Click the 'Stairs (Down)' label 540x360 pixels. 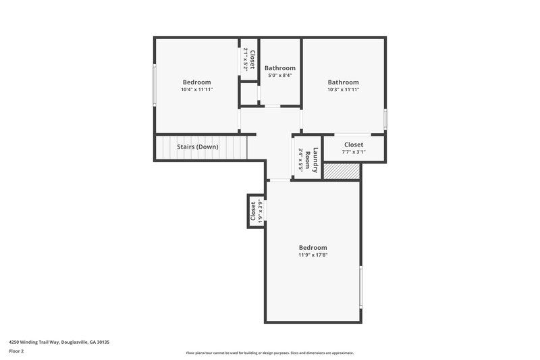pyautogui.click(x=197, y=147)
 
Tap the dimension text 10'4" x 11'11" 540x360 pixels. pyautogui.click(x=196, y=89)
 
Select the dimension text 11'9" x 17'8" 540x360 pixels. pyautogui.click(x=313, y=255)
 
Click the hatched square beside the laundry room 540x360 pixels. pyautogui.click(x=342, y=172)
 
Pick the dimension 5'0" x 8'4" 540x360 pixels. pyautogui.click(x=279, y=75)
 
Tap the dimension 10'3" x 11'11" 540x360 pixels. pyautogui.click(x=343, y=89)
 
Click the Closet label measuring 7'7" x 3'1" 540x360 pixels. pyautogui.click(x=354, y=145)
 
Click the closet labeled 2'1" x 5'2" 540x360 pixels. pyautogui.click(x=249, y=60)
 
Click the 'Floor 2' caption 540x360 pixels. pyautogui.click(x=16, y=351)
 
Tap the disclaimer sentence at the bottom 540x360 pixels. pyautogui.click(x=270, y=353)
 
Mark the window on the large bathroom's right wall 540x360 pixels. pyautogui.click(x=385, y=118)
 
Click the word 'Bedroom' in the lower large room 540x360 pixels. pyautogui.click(x=313, y=247)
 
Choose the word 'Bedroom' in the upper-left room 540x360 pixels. pyautogui.click(x=196, y=82)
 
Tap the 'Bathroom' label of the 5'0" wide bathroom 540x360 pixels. pyautogui.click(x=279, y=68)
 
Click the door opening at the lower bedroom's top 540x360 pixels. pyautogui.click(x=279, y=180)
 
